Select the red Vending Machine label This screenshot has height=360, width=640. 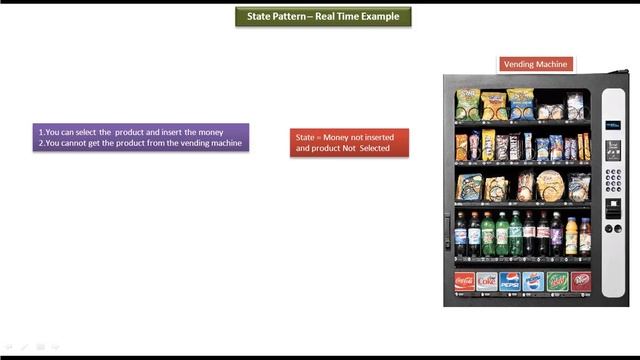(x=536, y=64)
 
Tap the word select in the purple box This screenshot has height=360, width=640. (x=80, y=132)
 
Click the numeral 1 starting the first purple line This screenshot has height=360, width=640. (x=40, y=132)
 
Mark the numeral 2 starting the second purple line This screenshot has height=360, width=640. (x=40, y=143)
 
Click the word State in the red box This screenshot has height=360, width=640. (x=305, y=136)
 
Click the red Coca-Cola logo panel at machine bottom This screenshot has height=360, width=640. (x=465, y=281)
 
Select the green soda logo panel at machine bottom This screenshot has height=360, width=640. (x=557, y=281)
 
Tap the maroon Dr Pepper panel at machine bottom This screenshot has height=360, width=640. (x=580, y=281)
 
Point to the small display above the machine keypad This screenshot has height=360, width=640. (x=612, y=149)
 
